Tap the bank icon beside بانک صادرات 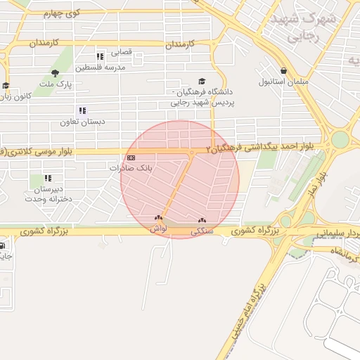[x=131, y=157]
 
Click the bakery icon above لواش [x=158, y=218]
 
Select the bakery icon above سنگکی [x=202, y=220]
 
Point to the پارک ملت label [x=56, y=84]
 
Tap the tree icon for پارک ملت [x=56, y=73]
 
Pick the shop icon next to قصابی [x=100, y=55]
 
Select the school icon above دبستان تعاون [x=82, y=110]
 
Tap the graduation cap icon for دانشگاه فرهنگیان [x=202, y=82]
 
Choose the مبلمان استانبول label [x=283, y=82]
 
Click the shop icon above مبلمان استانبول [x=283, y=71]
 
